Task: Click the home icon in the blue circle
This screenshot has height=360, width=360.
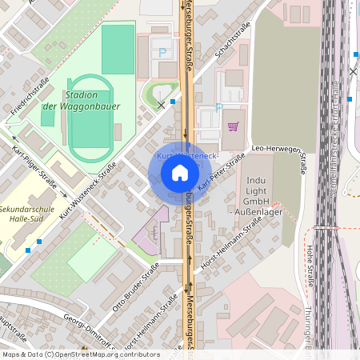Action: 180,172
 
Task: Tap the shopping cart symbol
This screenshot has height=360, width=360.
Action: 233,126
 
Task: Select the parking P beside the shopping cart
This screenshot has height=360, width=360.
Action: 219,109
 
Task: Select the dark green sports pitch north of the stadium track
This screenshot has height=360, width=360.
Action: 118,50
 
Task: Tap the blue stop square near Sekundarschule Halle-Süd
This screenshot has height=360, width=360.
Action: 29,250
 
